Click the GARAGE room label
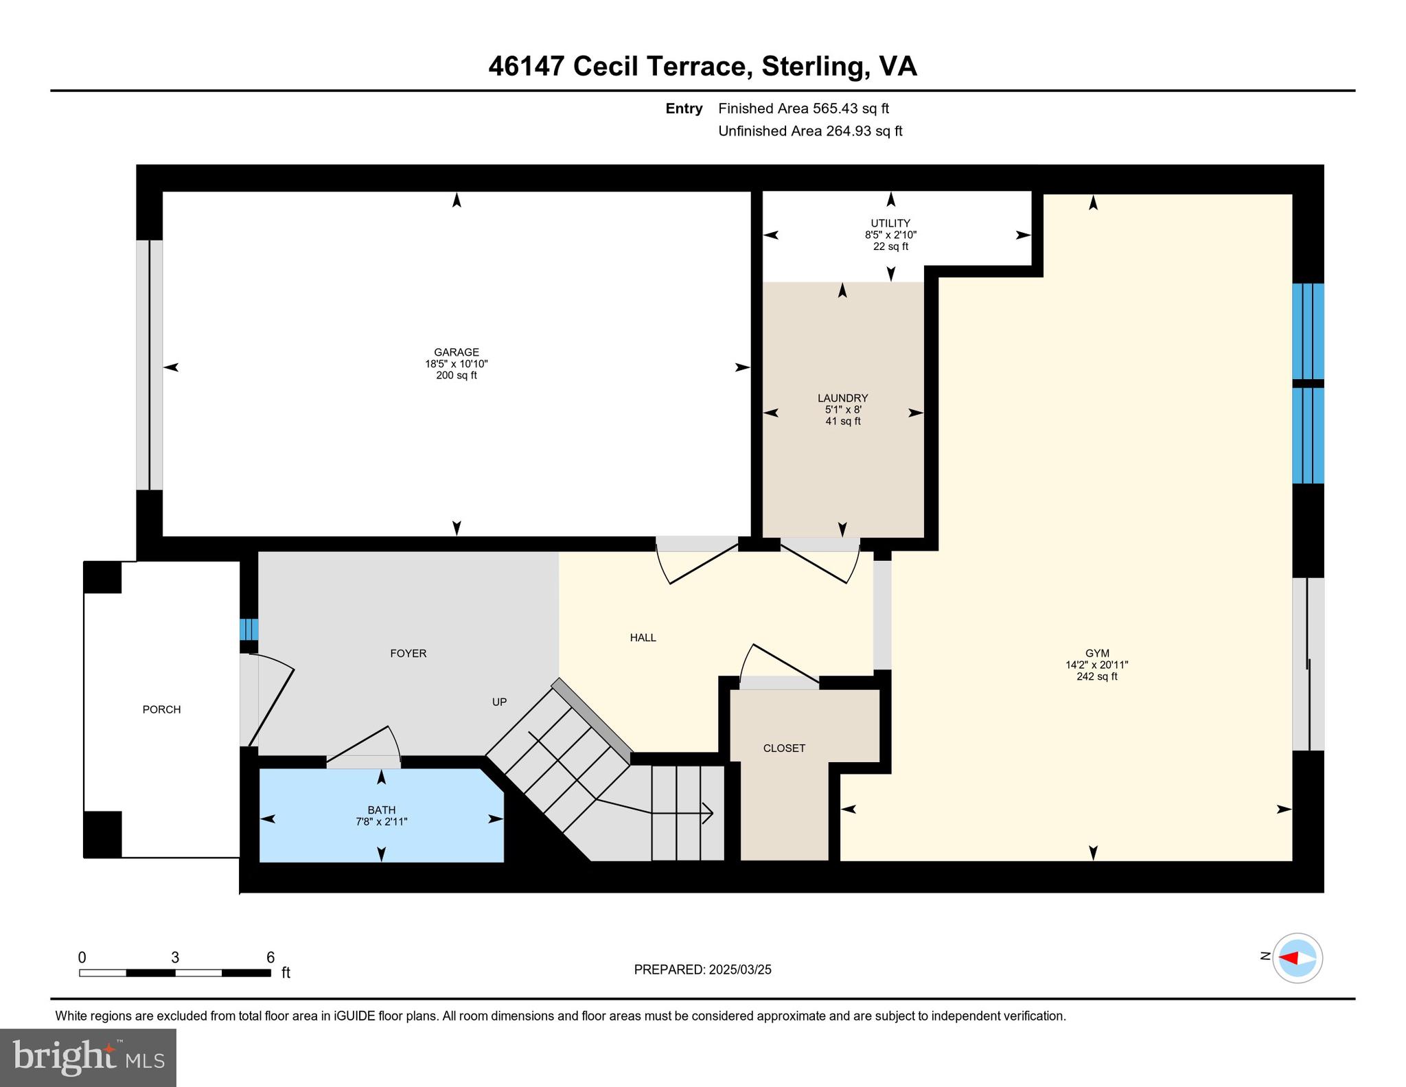tap(456, 352)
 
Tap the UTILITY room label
tap(890, 223)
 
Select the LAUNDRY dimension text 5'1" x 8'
tap(842, 409)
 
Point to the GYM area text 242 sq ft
tap(1096, 676)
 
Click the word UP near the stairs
tap(499, 702)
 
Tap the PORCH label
tap(161, 709)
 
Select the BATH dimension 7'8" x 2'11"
tap(381, 821)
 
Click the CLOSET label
tap(784, 748)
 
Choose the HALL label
tap(643, 637)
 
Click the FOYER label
tap(408, 653)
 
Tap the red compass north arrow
tap(1289, 958)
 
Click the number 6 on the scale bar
tap(270, 957)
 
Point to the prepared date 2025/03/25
tap(739, 970)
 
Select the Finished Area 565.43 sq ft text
tap(803, 108)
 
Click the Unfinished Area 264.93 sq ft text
tap(810, 131)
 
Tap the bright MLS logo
tap(88, 1057)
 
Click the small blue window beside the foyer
tap(249, 629)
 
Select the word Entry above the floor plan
tap(684, 108)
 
